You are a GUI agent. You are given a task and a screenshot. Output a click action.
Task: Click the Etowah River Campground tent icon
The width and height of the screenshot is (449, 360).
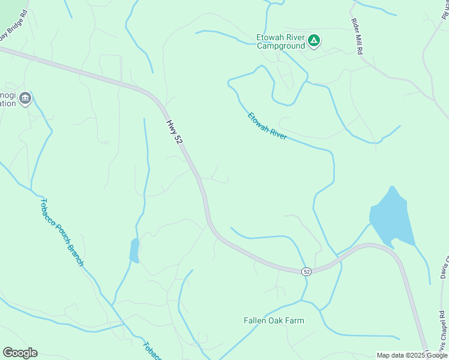click(x=313, y=41)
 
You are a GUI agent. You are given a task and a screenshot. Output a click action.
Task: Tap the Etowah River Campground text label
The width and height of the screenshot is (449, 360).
click(x=280, y=41)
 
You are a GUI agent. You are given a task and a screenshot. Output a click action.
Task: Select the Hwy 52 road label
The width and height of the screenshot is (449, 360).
click(x=173, y=131)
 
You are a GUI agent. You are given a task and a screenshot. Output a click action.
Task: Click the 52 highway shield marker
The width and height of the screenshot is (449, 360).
click(x=307, y=272)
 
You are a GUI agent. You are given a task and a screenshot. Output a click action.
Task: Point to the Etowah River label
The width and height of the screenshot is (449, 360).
click(x=267, y=127)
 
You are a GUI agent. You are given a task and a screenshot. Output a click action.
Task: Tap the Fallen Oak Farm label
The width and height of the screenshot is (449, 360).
click(x=274, y=320)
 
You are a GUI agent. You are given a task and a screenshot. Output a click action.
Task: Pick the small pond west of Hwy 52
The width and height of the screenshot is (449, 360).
click(x=134, y=250)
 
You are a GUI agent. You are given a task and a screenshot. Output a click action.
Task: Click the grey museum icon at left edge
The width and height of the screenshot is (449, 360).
click(x=25, y=98)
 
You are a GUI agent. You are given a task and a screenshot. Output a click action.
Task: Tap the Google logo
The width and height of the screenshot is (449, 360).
click(x=20, y=353)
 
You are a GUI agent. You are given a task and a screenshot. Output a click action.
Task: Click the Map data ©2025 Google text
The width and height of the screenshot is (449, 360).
click(x=412, y=355)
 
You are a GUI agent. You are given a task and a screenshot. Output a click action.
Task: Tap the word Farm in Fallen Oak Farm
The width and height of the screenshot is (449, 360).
click(x=294, y=320)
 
